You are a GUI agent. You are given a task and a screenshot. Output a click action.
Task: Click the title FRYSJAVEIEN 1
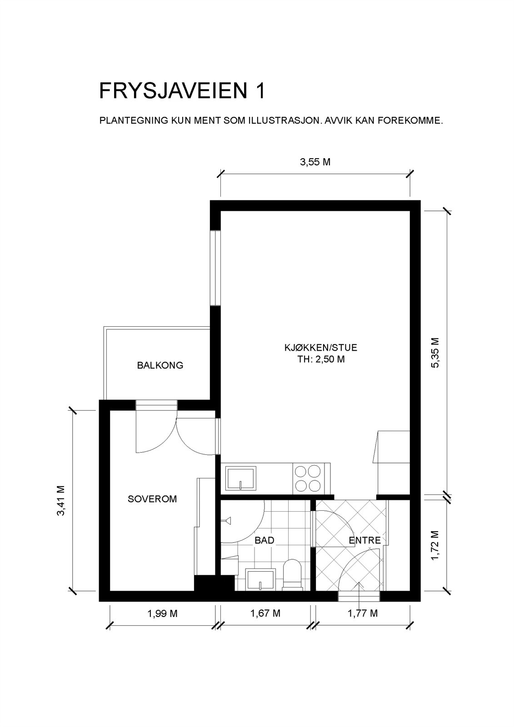tap(182, 91)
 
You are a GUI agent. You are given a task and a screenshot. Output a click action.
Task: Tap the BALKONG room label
tap(160, 365)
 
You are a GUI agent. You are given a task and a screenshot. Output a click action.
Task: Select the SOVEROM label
tap(152, 499)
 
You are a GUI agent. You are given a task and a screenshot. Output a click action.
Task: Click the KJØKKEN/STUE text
tap(320, 348)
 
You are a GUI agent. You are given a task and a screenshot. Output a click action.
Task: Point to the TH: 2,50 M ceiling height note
tap(320, 359)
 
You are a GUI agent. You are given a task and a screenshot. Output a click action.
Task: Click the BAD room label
tap(264, 540)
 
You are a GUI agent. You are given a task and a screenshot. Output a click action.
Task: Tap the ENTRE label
tap(364, 540)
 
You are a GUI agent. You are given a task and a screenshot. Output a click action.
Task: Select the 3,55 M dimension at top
tap(315, 162)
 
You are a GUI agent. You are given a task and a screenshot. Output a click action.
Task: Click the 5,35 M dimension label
tap(435, 353)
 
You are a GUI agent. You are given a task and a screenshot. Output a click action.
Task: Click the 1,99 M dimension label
tap(162, 613)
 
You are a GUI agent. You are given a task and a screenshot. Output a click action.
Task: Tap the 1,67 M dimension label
tap(265, 613)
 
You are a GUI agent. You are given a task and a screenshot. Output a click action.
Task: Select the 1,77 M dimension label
tap(363, 613)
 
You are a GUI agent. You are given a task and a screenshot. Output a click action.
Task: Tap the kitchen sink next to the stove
tap(241, 478)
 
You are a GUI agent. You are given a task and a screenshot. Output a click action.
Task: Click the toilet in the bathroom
tap(292, 575)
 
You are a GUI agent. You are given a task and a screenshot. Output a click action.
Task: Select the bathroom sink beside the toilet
tap(260, 578)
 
